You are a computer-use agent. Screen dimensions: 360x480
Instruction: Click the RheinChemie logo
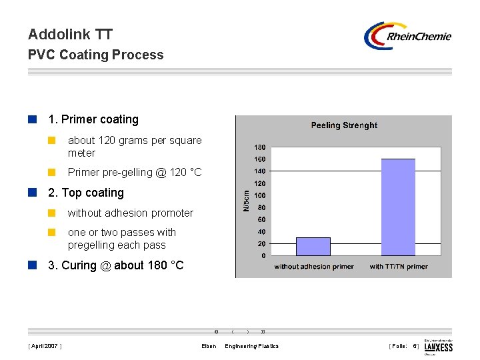[x=407, y=36]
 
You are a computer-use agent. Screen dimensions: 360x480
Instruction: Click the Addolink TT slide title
[x=71, y=34]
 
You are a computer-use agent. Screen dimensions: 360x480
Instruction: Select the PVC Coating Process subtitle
[x=95, y=55]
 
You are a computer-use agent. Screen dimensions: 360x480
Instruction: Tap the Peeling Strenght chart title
[x=344, y=125]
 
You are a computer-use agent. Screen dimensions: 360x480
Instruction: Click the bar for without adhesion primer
[x=313, y=246]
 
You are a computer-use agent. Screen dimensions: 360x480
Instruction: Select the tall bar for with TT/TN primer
[x=398, y=207]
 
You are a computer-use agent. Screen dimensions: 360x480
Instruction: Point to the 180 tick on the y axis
[x=259, y=147]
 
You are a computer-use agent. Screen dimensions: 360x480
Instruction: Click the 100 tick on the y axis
[x=259, y=195]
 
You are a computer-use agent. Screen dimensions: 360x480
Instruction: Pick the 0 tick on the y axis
[x=263, y=255]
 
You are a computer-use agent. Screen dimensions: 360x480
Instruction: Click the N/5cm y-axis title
[x=245, y=201]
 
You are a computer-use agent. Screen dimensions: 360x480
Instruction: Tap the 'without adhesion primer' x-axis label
[x=313, y=267]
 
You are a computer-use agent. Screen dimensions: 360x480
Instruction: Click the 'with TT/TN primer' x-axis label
[x=399, y=267]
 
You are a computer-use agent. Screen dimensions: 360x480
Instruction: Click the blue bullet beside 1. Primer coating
[x=32, y=119]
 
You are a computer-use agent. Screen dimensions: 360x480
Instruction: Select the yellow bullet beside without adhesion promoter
[x=51, y=213]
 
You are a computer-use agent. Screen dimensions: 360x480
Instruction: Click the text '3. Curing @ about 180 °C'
[x=115, y=265]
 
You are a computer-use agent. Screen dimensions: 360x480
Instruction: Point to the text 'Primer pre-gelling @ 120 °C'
[x=134, y=173]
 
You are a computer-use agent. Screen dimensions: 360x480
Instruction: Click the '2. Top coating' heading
[x=86, y=193]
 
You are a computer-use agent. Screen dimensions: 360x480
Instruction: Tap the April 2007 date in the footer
[x=44, y=346]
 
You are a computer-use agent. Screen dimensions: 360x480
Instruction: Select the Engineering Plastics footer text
[x=252, y=346]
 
